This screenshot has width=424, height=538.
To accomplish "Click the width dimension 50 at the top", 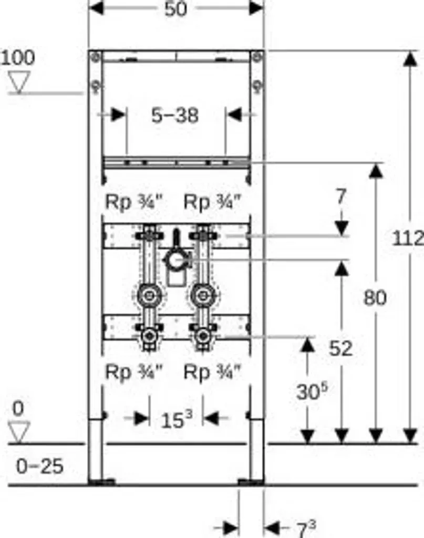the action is pos(175,8).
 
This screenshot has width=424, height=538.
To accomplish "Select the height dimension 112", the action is pos(408,238).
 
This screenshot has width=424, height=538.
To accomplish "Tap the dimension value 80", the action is pos(375,297).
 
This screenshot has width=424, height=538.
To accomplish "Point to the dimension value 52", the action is pos(340,349).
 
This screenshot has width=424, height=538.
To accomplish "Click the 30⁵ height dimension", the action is pos(312,391).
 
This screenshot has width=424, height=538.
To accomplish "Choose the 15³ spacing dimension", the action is pos(177,419).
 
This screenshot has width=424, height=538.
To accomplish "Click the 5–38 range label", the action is pos(175,115).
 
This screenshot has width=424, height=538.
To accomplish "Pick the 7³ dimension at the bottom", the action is pos(306,529).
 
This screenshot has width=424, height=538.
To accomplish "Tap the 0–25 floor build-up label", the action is pos(40,467).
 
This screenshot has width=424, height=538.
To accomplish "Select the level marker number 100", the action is pos(18,57).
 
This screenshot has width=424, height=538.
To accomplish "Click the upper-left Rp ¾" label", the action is pos(132,202).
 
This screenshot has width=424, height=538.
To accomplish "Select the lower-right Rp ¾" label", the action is pos(212,371).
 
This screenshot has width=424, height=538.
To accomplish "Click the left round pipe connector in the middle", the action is pos(149,295).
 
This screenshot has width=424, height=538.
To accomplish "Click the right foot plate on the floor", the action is pos(251,482).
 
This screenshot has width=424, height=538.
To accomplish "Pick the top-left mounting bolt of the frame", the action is pos(96,56).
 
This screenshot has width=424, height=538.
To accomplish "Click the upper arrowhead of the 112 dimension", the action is pos(410,58).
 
